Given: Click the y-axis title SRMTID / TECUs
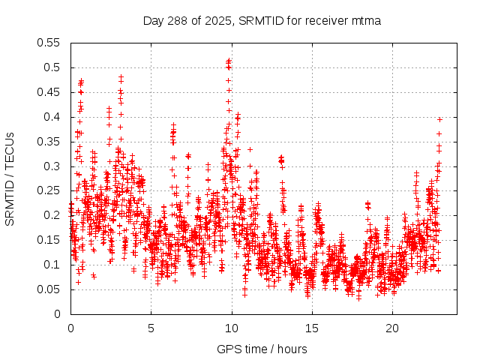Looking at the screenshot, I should coord(10,179).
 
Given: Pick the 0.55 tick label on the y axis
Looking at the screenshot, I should coord(49,43).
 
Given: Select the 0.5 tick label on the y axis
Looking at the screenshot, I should coord(52,67).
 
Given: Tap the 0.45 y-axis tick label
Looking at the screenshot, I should coord(49,92).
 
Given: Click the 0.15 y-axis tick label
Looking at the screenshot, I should coord(49,240).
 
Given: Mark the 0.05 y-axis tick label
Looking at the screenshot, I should coord(49,289).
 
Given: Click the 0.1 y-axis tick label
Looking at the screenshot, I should coord(52,265).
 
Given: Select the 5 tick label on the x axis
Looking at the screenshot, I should coord(151,328).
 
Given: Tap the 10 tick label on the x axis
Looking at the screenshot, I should coord(232,328).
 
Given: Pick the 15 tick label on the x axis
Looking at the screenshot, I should coord(312,328).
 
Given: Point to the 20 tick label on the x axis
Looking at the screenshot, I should coord(392,328).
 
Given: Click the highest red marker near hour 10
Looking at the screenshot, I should coord(228,61).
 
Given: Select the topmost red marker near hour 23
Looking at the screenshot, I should coord(439,119).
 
